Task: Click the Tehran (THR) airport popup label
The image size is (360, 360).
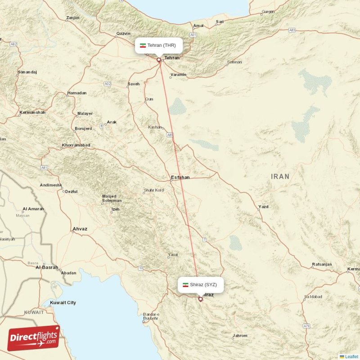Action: [159, 45]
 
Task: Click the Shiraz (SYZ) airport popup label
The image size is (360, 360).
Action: [200, 284]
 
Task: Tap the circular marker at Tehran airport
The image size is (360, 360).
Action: [158, 59]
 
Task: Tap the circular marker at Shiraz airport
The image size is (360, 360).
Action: [201, 298]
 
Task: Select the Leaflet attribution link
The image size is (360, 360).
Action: [351, 356]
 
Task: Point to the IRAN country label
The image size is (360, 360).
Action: [280, 176]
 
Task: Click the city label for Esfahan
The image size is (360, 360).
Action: [180, 177]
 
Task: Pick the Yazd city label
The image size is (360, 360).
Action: [263, 207]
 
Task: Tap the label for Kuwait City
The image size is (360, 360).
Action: [63, 303]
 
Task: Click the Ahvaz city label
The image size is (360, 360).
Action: [80, 229]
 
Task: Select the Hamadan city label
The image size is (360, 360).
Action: [76, 93]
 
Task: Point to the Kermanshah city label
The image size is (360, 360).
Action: [32, 112]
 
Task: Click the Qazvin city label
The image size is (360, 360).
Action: [123, 33]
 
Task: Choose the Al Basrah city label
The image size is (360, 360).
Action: [47, 267]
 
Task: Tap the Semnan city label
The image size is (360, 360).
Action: [234, 62]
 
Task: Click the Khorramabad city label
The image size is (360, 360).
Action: [76, 145]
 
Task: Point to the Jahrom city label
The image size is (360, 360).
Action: [240, 336]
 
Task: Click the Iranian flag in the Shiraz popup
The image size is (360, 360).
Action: [185, 284]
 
